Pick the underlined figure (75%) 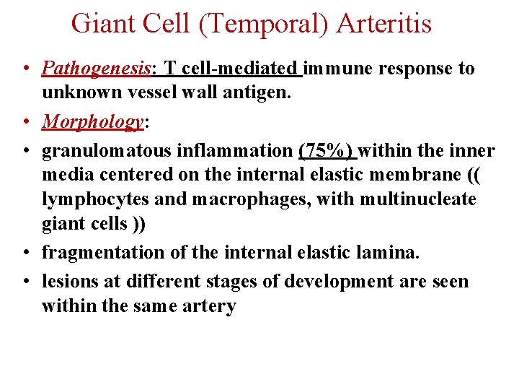tap(326, 151)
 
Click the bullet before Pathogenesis tap(25, 70)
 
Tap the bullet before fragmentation tap(25, 253)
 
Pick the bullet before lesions tap(25, 282)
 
